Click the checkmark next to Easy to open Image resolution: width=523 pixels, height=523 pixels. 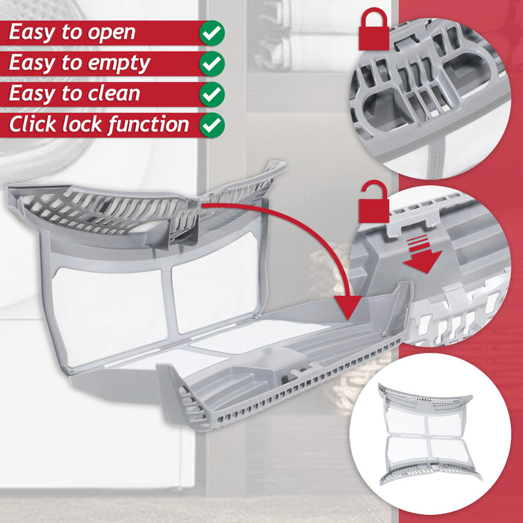click(212, 33)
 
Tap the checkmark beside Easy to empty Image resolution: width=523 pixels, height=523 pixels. click(212, 64)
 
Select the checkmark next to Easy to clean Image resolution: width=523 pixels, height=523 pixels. click(212, 94)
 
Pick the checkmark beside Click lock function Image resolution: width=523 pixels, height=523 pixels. click(212, 124)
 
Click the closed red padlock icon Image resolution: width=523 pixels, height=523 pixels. click(373, 31)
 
